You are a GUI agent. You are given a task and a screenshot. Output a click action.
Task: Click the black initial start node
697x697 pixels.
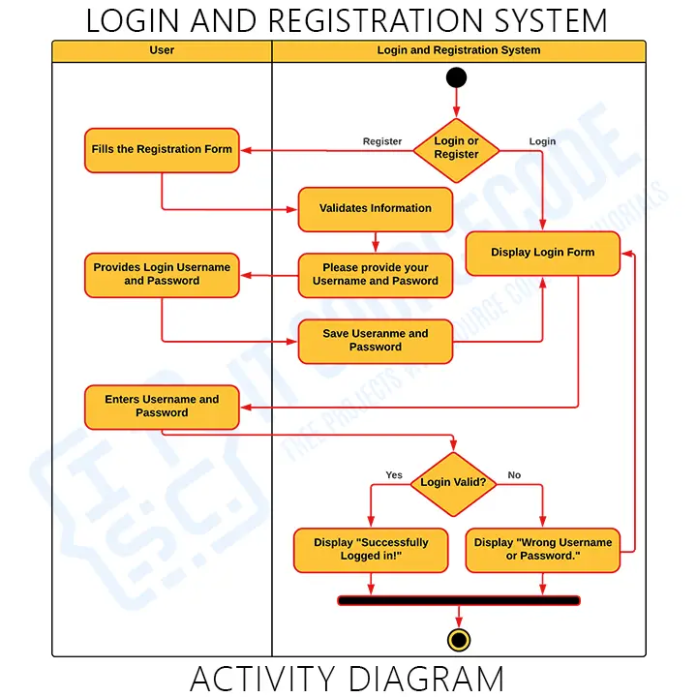(x=456, y=78)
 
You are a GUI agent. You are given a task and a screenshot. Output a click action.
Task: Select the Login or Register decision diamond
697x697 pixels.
(x=456, y=149)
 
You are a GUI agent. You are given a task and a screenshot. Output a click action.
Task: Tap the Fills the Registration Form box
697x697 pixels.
(x=162, y=150)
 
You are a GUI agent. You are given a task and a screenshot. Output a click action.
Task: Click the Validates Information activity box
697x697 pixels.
(x=376, y=209)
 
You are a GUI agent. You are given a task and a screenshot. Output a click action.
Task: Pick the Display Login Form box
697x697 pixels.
(x=542, y=253)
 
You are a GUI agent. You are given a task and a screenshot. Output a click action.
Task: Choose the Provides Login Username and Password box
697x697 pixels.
(x=162, y=275)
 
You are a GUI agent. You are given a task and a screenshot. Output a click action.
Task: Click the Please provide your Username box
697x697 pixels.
(x=376, y=275)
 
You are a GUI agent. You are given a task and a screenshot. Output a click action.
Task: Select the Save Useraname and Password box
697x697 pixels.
(x=376, y=341)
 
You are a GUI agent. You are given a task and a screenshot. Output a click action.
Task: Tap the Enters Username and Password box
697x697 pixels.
(x=162, y=407)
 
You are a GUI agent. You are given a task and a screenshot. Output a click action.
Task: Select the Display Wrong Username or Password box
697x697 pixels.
(x=543, y=550)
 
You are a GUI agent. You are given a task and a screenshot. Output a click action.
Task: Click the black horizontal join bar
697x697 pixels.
(x=459, y=600)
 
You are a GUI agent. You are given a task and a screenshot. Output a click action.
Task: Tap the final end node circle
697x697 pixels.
(x=459, y=640)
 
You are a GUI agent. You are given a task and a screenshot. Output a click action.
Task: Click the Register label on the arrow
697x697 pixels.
(x=382, y=141)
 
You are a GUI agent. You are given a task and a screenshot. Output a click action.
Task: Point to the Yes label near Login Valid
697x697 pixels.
(x=394, y=475)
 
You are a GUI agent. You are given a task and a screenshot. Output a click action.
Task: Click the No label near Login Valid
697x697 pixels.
(x=514, y=475)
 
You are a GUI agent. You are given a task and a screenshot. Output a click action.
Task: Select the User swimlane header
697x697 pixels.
(x=162, y=50)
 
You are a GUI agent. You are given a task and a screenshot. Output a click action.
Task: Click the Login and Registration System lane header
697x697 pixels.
(x=459, y=50)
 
